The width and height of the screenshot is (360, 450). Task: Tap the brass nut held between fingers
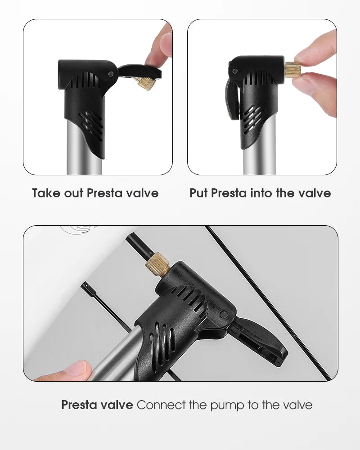[292, 70]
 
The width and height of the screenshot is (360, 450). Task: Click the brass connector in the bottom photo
[157, 264]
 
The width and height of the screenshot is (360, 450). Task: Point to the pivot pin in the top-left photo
[111, 74]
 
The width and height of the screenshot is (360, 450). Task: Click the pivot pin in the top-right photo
[235, 71]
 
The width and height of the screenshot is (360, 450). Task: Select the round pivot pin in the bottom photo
[224, 314]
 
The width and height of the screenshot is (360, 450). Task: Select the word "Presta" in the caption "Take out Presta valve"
[105, 193]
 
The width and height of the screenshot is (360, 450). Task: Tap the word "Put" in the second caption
[199, 193]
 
